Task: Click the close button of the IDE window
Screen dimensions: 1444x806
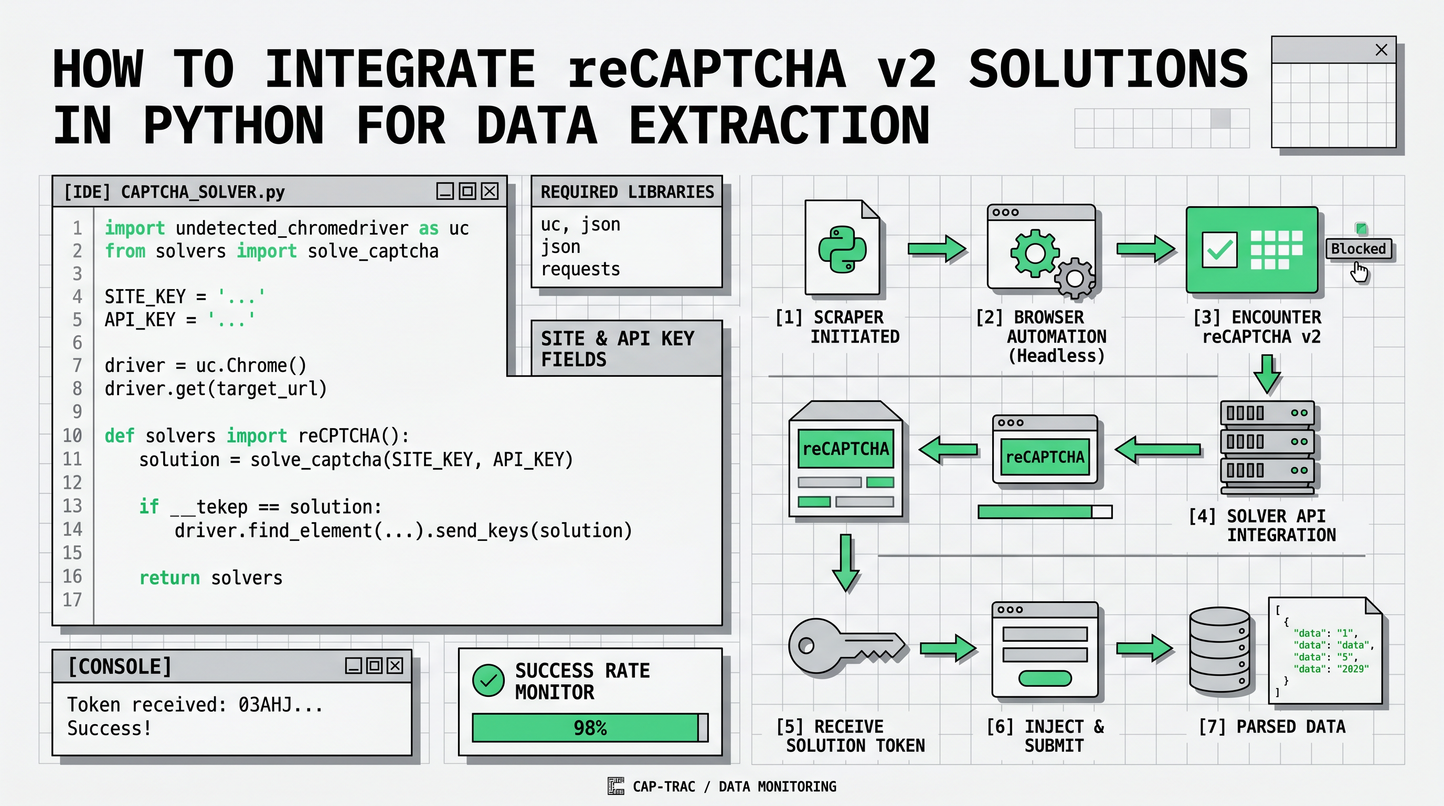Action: tap(490, 191)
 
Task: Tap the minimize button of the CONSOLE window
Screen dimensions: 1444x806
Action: tap(353, 665)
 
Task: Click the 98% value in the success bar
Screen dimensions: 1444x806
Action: tap(590, 727)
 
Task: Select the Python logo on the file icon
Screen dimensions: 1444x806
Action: tap(842, 249)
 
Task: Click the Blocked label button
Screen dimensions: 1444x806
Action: tap(1358, 248)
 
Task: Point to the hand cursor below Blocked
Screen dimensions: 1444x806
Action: tap(1360, 273)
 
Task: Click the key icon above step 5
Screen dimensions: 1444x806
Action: tap(846, 646)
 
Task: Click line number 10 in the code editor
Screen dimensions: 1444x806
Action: tap(72, 436)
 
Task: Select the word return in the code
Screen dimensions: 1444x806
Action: tap(169, 577)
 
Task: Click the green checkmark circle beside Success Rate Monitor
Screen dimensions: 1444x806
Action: tap(489, 681)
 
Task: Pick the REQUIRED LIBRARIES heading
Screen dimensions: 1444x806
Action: tap(627, 192)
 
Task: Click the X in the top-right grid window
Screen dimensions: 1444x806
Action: tap(1381, 50)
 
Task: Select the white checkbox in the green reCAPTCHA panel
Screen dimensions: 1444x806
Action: tap(1220, 250)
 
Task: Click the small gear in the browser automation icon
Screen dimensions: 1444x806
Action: tap(1075, 278)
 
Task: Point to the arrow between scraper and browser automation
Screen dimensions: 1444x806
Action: tap(936, 248)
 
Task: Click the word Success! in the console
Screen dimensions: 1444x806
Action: tap(109, 728)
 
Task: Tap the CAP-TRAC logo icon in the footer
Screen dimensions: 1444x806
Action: tap(615, 786)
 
